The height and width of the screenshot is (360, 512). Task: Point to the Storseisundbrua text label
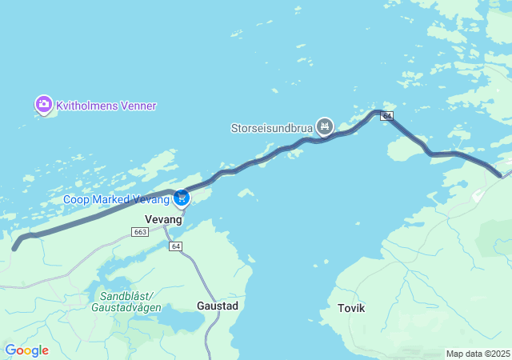pos(271,126)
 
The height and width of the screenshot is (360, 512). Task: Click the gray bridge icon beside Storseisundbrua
pos(324,126)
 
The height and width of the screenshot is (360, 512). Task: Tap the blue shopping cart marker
pos(182,197)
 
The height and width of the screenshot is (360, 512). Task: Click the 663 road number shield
pos(140,232)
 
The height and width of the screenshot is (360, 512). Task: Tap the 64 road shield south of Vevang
pos(176,246)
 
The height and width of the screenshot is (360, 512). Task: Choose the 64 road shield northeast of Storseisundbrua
pos(387,116)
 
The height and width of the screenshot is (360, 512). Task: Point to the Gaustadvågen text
pos(126,307)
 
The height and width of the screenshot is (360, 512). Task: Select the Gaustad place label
pos(217,306)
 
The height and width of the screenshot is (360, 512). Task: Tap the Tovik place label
pos(351,308)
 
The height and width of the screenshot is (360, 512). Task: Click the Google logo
pos(26,350)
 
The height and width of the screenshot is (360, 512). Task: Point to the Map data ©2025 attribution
pos(478,354)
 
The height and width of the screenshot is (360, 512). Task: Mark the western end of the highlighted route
pos(14,248)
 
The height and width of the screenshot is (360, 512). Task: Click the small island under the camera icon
pos(46,114)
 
